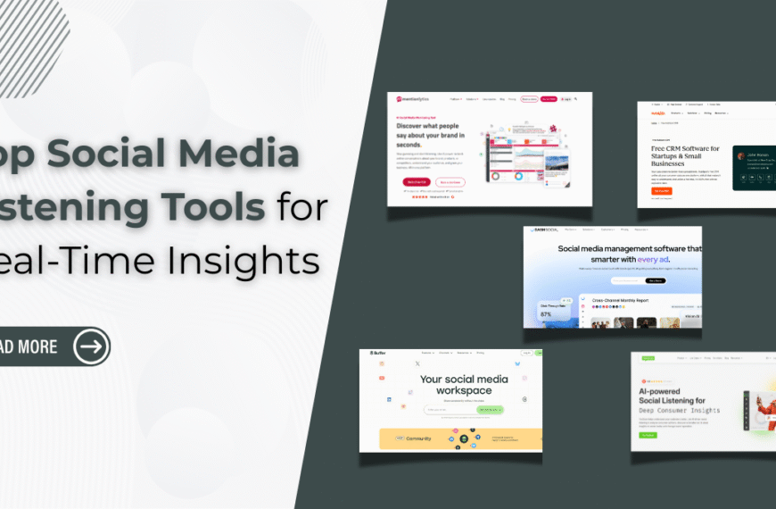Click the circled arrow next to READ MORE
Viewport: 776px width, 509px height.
91,346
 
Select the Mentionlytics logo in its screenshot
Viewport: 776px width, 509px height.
413,99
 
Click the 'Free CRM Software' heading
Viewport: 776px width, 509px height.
682,154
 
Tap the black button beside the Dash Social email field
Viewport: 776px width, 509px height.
656,280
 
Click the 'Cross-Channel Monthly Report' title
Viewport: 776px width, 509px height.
623,301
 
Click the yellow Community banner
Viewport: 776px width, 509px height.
460,438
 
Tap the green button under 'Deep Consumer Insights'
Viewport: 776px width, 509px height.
648,436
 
